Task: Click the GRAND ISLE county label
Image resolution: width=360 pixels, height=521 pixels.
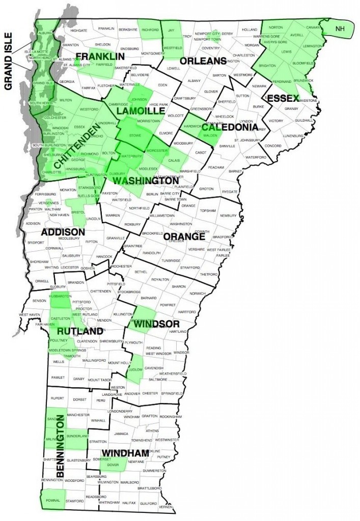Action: tap(9, 61)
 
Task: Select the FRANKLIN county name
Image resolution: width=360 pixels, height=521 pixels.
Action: tap(100, 55)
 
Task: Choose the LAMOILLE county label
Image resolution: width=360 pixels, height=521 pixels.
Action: tap(139, 111)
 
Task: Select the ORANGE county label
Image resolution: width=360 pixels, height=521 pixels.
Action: tap(184, 237)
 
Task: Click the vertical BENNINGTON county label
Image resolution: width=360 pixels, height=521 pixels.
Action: tap(60, 446)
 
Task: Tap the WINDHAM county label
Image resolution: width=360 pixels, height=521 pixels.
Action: tap(125, 452)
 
